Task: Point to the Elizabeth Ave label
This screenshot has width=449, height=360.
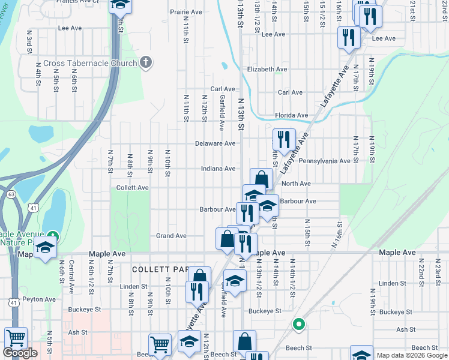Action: tap(267, 70)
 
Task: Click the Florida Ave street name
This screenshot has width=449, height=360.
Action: tap(291, 115)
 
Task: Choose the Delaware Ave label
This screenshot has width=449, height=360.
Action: tap(215, 143)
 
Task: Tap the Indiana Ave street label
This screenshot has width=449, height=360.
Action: tap(217, 169)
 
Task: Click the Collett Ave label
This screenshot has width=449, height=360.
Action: tap(132, 188)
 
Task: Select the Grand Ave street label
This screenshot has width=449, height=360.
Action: tap(172, 236)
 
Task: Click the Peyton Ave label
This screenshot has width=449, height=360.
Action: tap(38, 299)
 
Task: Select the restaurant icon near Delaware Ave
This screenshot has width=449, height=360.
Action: tap(285, 140)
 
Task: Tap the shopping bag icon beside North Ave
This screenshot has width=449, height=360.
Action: tap(261, 179)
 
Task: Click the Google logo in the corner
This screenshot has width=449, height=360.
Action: tap(20, 353)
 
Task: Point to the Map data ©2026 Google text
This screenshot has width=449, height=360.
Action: tap(412, 355)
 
